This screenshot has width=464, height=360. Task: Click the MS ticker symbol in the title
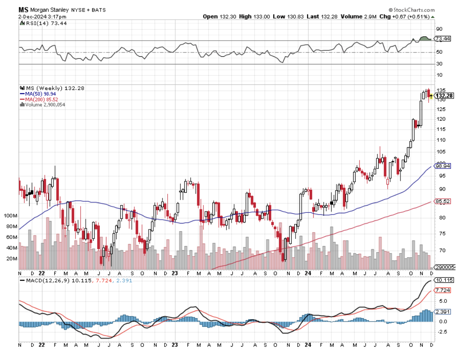pyautogui.click(x=23, y=9)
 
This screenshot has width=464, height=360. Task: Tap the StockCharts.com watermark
pyautogui.click(x=412, y=9)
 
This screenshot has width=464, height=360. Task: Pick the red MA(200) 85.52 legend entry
pyautogui.click(x=41, y=99)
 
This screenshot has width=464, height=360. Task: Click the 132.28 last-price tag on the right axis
pyautogui.click(x=444, y=96)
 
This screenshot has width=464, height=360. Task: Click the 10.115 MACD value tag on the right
pyautogui.click(x=444, y=280)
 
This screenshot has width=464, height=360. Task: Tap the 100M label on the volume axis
pyautogui.click(x=9, y=216)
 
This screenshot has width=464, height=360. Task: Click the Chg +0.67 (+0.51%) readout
pyautogui.click(x=406, y=17)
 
